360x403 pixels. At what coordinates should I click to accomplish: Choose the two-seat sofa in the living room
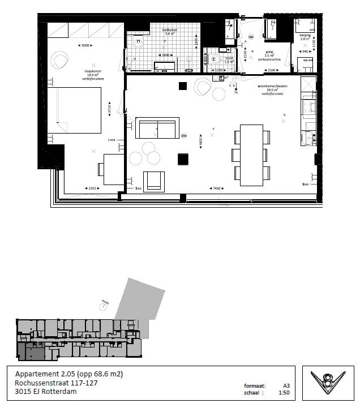(x=157, y=128)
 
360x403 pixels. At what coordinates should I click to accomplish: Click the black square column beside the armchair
(x=182, y=159)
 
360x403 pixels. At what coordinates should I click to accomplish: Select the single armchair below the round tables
(x=154, y=181)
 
